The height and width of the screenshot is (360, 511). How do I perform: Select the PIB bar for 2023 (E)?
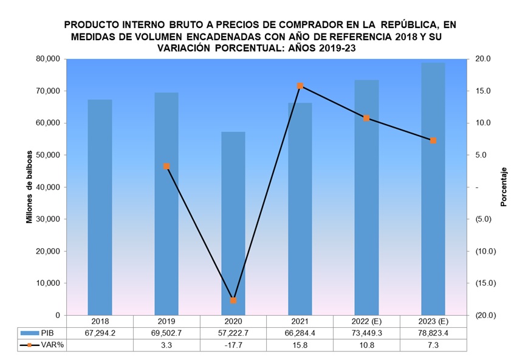[433, 189]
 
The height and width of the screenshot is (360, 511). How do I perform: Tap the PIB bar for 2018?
[100, 207]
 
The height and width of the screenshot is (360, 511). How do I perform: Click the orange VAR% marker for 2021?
[300, 86]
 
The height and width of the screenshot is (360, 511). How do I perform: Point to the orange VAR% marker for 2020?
[233, 300]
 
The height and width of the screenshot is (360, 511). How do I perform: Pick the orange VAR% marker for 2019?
[166, 166]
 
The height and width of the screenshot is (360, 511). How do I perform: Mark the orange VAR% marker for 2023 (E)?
[433, 140]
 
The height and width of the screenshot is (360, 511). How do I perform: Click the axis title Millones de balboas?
[29, 187]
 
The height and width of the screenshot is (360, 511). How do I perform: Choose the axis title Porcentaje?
[503, 187]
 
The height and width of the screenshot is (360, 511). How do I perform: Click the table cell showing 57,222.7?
[233, 333]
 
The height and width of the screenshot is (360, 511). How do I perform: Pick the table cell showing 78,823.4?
[433, 333]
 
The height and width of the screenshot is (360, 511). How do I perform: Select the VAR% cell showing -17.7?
[233, 345]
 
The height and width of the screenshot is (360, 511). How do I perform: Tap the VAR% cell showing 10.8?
[366, 345]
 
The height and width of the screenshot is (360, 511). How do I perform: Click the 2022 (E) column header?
[366, 321]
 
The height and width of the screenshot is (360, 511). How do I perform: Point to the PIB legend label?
[47, 333]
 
